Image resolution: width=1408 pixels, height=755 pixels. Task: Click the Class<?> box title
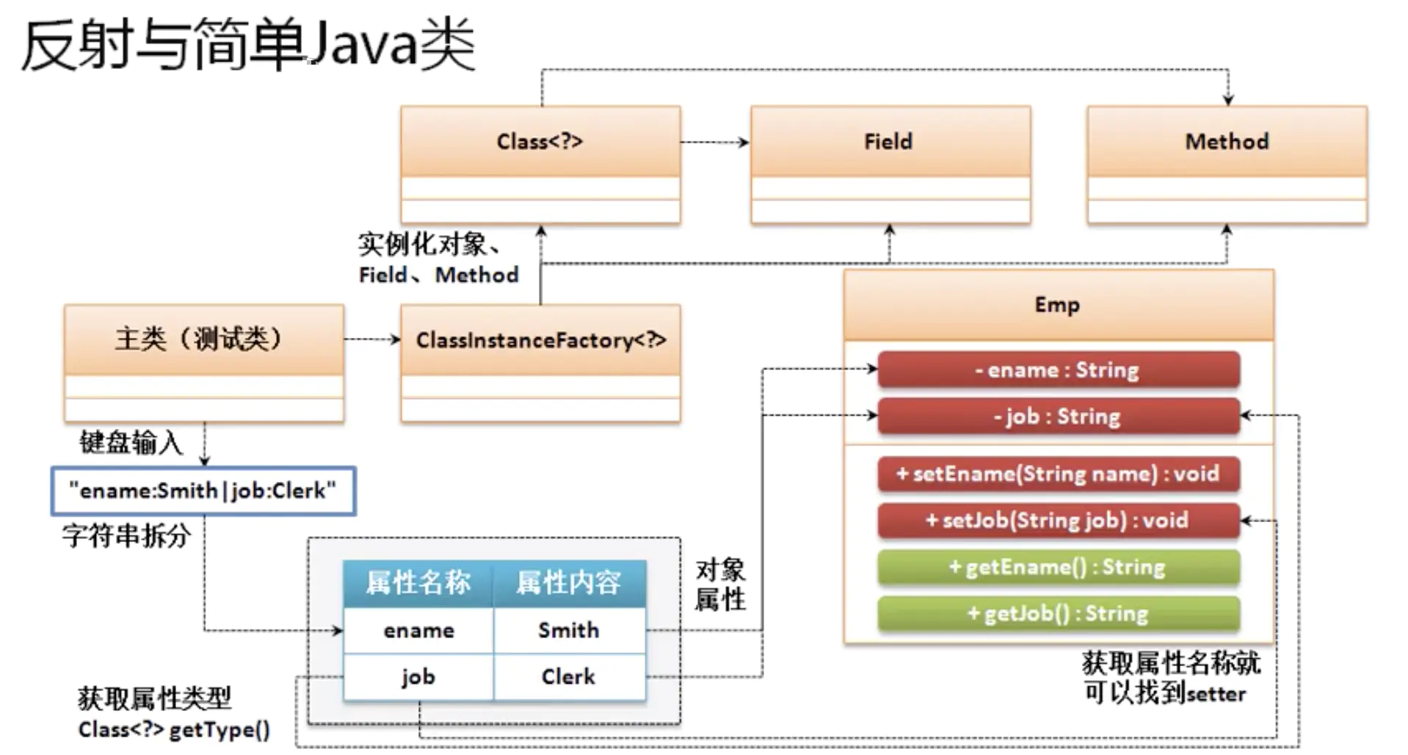[540, 141]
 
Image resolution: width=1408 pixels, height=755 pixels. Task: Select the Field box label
[888, 141]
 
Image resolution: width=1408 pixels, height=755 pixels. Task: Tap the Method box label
[1227, 141]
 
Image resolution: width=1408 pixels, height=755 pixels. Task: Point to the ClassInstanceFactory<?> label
[540, 340]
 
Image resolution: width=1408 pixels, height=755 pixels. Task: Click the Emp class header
[1057, 305]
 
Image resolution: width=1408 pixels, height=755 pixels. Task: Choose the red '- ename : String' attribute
[1058, 370]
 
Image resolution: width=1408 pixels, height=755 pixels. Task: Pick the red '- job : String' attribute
[1058, 416]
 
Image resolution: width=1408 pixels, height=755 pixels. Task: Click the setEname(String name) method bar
[1058, 474]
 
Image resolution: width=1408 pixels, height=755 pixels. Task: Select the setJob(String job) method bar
[1058, 521]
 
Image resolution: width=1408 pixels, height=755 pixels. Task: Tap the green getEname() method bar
[1058, 567]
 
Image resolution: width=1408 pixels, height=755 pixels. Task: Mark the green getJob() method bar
[1058, 613]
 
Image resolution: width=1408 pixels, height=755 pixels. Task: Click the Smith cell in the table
[569, 630]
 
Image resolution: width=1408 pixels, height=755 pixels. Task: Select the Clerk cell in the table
[569, 676]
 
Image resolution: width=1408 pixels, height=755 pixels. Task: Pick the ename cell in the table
[418, 630]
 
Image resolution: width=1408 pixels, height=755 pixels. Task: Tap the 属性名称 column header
[418, 583]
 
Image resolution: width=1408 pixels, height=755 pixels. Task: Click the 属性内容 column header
[569, 583]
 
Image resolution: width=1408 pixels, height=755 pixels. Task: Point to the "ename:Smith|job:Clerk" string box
[203, 491]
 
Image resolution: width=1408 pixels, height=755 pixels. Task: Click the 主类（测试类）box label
[198, 339]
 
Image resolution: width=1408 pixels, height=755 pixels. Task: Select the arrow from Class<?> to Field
[714, 142]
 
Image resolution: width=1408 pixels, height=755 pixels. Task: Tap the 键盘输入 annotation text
[131, 443]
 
